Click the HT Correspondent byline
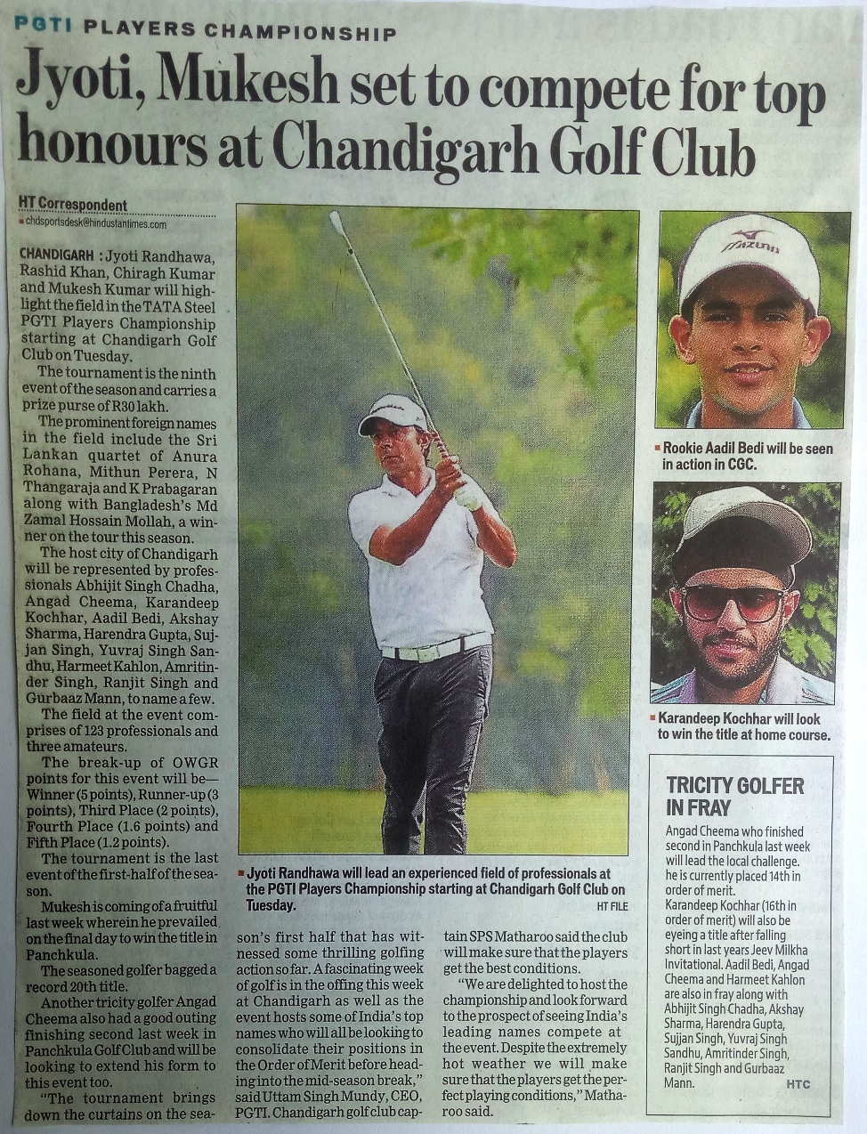pyautogui.click(x=73, y=204)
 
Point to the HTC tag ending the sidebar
pyautogui.click(x=798, y=1084)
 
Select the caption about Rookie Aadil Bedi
pyautogui.click(x=746, y=456)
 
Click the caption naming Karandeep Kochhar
pyautogui.click(x=743, y=726)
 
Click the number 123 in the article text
pyautogui.click(x=85, y=731)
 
